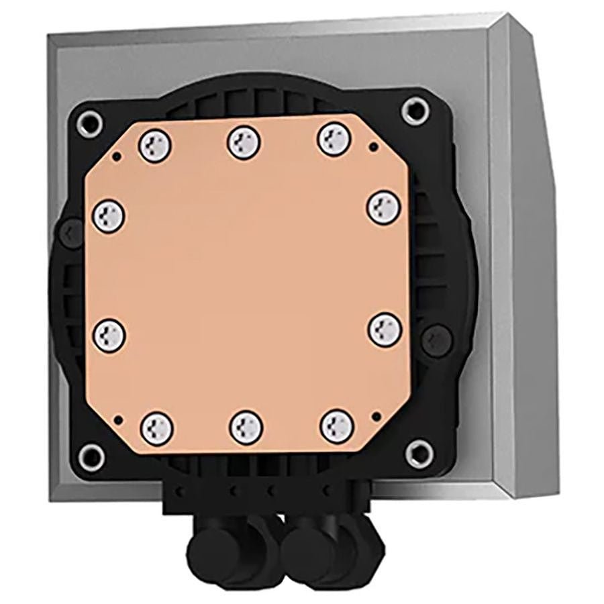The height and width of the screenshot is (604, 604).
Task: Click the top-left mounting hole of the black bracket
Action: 91,122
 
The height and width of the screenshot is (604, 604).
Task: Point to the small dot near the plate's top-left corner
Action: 119,156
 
